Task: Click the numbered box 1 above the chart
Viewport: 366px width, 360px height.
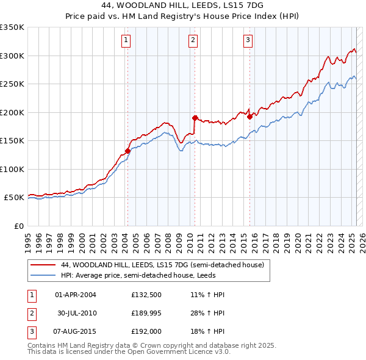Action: click(126, 41)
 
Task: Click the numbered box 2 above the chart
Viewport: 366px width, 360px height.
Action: click(193, 41)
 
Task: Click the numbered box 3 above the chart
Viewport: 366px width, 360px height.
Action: click(248, 41)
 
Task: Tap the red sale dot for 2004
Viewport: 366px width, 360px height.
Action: click(127, 151)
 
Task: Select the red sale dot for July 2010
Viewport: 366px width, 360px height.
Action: click(195, 118)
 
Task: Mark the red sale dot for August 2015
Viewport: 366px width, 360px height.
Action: click(249, 117)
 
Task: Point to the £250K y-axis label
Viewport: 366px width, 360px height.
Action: click(12, 84)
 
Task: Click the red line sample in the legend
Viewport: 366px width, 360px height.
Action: click(43, 265)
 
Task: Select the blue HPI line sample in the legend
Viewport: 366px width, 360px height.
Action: click(43, 275)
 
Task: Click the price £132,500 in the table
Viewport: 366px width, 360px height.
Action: click(145, 295)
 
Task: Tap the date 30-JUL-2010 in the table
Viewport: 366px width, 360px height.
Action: click(76, 313)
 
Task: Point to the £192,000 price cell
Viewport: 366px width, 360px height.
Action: click(145, 331)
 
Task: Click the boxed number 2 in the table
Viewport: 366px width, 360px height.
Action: click(31, 313)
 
